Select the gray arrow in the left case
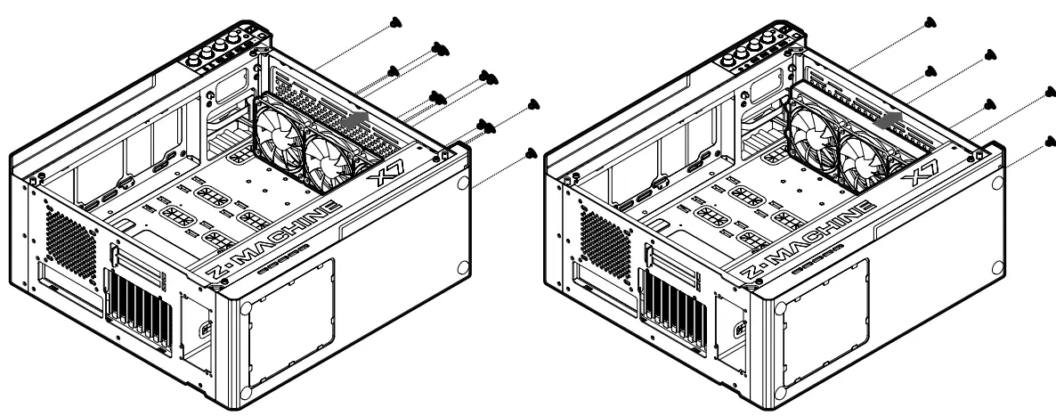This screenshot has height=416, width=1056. pos(355,118)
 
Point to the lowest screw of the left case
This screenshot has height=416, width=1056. pos(532,153)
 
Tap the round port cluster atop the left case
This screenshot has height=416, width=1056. pos(219,48)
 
